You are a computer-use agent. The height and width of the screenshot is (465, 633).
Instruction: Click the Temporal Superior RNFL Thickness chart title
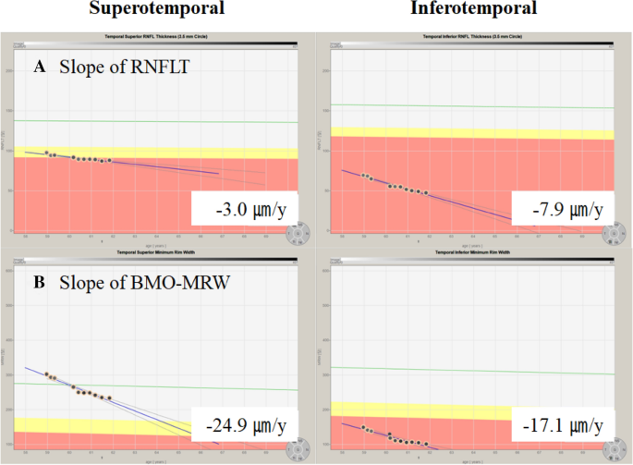(x=157, y=35)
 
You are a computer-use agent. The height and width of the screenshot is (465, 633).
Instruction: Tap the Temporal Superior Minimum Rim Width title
(x=157, y=251)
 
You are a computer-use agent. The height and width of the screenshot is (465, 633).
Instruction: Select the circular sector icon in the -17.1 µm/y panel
(x=612, y=450)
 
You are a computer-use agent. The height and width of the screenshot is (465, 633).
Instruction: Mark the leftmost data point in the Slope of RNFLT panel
(x=47, y=153)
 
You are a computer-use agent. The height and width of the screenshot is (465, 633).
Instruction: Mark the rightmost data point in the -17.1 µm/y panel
(x=426, y=442)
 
